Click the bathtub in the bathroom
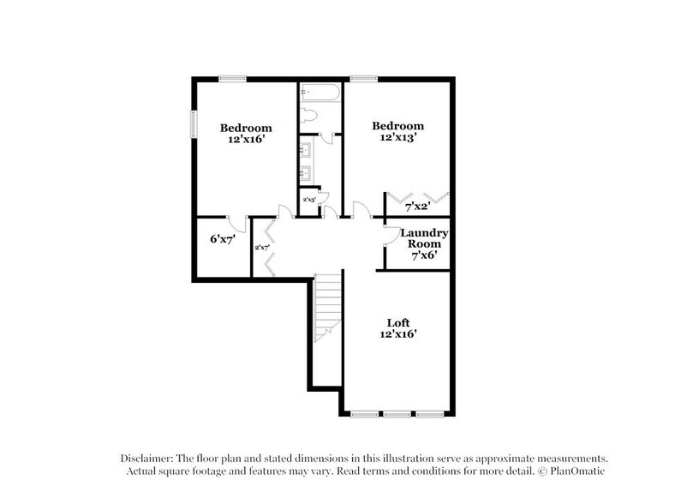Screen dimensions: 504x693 click(320, 92)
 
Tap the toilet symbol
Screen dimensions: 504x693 click(309, 116)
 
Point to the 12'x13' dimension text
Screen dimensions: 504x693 click(397, 139)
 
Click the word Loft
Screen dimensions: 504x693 click(397, 322)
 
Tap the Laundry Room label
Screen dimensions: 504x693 click(420, 237)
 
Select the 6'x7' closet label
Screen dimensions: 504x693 click(223, 241)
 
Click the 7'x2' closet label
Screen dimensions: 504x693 click(417, 206)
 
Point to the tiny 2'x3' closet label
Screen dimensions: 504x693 click(308, 200)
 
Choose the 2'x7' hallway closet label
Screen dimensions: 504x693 click(262, 248)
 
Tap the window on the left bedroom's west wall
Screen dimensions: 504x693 click(193, 124)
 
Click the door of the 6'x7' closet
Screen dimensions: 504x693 click(239, 224)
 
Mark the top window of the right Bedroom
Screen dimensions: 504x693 click(363, 79)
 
